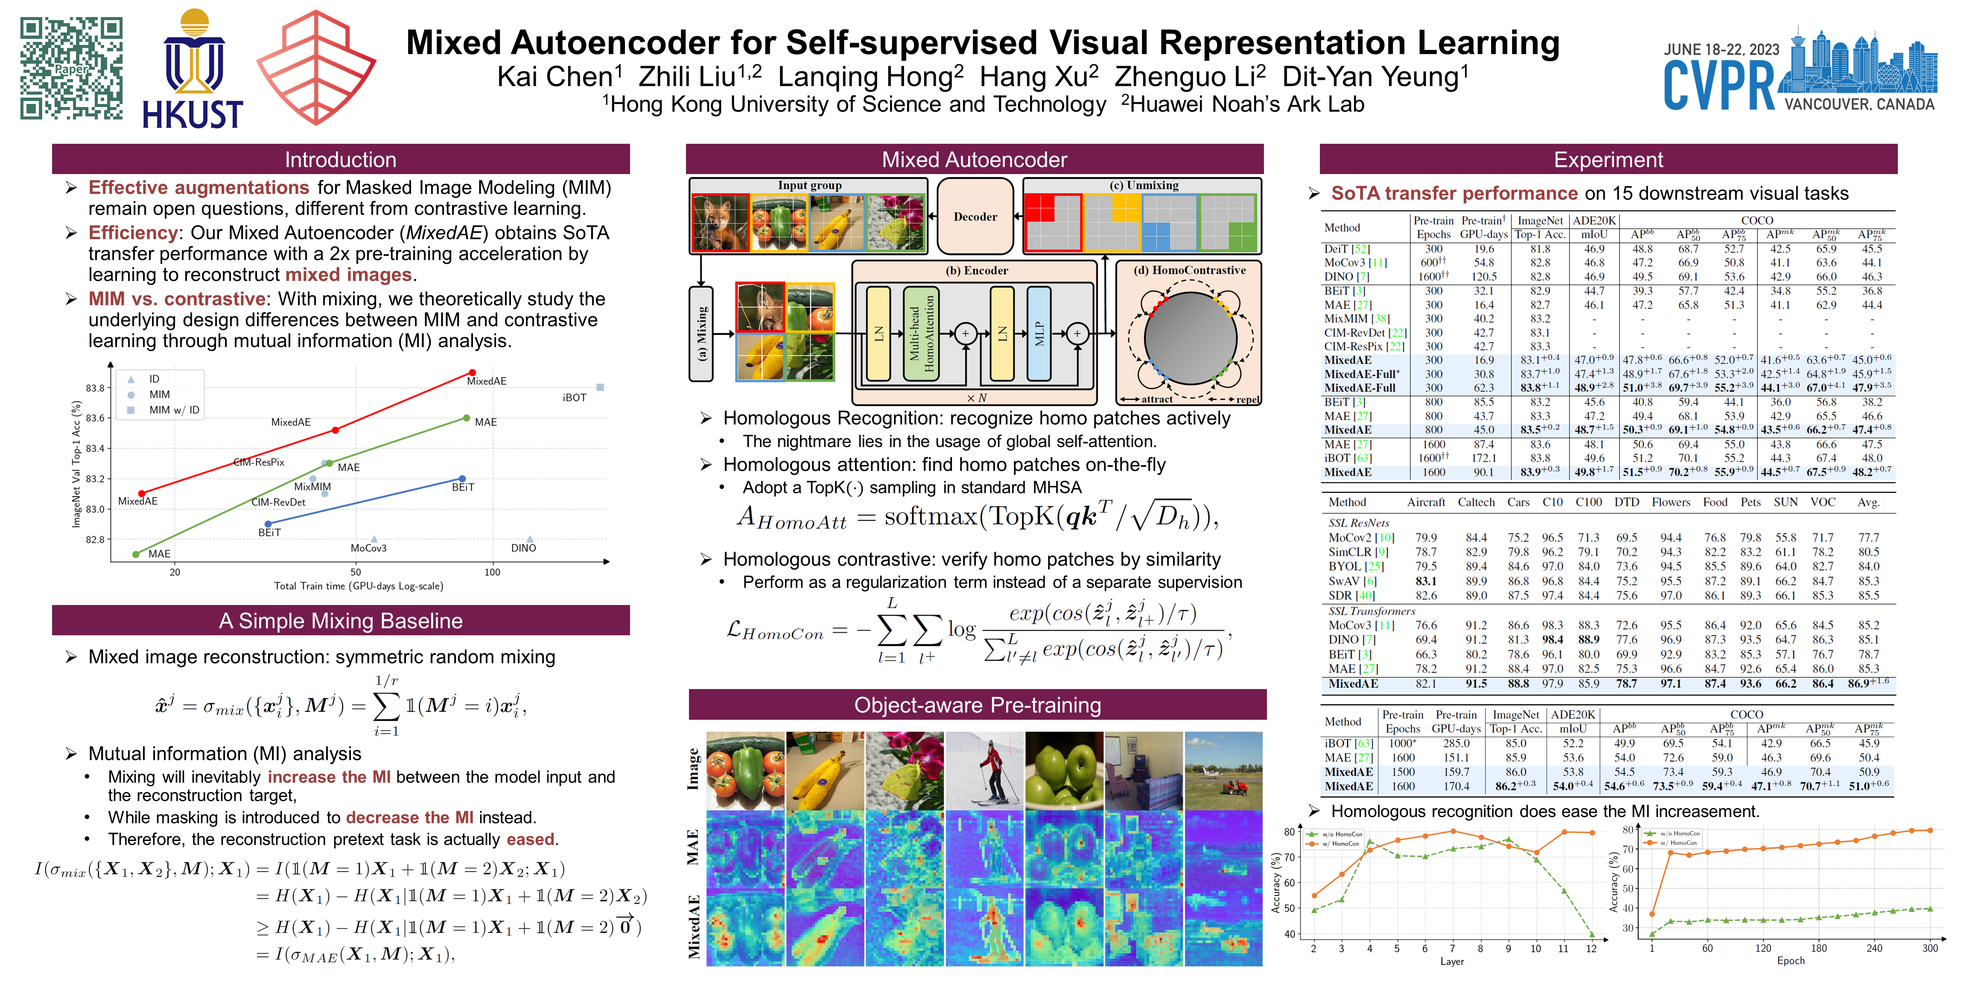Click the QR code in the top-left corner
point(71,69)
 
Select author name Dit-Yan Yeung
point(1375,77)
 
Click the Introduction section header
point(341,160)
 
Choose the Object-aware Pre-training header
point(978,705)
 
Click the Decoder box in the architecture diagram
point(975,217)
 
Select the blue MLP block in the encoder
point(1039,334)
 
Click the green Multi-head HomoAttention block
point(921,334)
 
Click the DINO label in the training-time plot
point(524,548)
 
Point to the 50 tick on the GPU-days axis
point(356,573)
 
